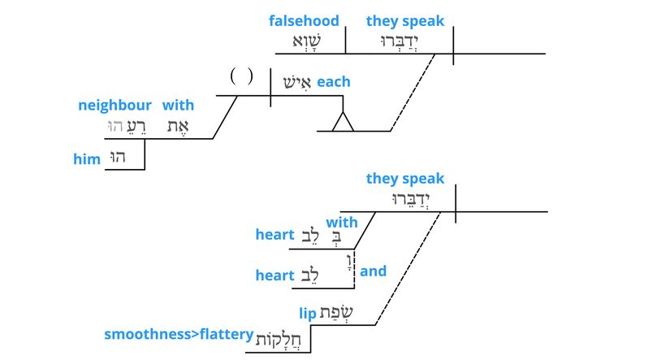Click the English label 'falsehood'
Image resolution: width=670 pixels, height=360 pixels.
pyautogui.click(x=304, y=21)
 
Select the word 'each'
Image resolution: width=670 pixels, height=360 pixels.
pyautogui.click(x=333, y=82)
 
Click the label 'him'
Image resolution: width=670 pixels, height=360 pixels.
pyautogui.click(x=86, y=160)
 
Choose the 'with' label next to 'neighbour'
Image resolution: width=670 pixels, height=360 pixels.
pyautogui.click(x=178, y=106)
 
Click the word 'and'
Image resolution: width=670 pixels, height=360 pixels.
pyautogui.click(x=373, y=271)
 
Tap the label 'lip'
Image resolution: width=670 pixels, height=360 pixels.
pyautogui.click(x=307, y=314)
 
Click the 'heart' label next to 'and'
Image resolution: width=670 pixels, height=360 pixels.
pyautogui.click(x=274, y=275)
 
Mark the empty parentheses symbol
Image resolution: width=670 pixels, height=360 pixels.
pyautogui.click(x=241, y=77)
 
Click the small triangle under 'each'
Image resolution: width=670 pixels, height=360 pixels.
pyautogui.click(x=343, y=122)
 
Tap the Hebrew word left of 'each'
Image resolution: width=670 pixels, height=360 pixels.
pyautogui.click(x=296, y=83)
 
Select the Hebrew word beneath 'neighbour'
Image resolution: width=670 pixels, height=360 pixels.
pyautogui.click(x=122, y=126)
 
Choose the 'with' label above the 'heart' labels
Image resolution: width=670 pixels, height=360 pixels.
pyautogui.click(x=342, y=222)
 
